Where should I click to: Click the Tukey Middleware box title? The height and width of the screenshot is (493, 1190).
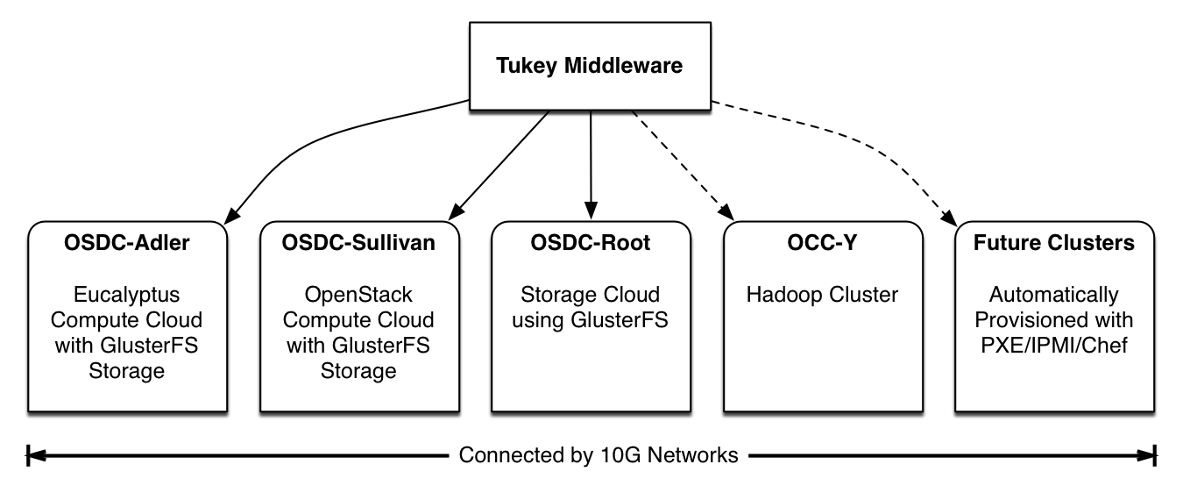point(589,66)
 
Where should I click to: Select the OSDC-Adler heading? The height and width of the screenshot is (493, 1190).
point(126,242)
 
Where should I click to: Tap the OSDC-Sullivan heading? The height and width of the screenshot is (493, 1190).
point(358,242)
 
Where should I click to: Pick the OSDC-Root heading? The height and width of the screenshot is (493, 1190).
point(591,242)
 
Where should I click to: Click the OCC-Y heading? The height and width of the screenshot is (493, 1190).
point(822,242)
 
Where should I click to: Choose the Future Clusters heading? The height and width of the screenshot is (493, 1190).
point(1054,242)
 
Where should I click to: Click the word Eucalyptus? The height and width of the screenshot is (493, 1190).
point(126,295)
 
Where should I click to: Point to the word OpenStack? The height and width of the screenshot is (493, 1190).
point(358,295)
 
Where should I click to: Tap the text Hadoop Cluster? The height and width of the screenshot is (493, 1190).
point(822,295)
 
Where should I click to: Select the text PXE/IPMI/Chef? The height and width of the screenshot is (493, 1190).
point(1054,346)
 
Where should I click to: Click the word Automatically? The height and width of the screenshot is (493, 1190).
point(1054,295)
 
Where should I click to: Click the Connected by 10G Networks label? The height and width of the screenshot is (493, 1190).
point(599,455)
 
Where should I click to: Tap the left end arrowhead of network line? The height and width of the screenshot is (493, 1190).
point(36,456)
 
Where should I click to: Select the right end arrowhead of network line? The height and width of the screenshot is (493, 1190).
point(1146,456)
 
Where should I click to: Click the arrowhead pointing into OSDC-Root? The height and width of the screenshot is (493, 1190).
point(591,211)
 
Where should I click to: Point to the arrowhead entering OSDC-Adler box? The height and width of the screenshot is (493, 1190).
point(231,216)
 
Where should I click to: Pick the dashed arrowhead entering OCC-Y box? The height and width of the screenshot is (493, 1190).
point(726,211)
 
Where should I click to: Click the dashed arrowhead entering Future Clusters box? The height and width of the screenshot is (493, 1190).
point(949,217)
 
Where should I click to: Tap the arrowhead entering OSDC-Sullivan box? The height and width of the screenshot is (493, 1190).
point(457,211)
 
